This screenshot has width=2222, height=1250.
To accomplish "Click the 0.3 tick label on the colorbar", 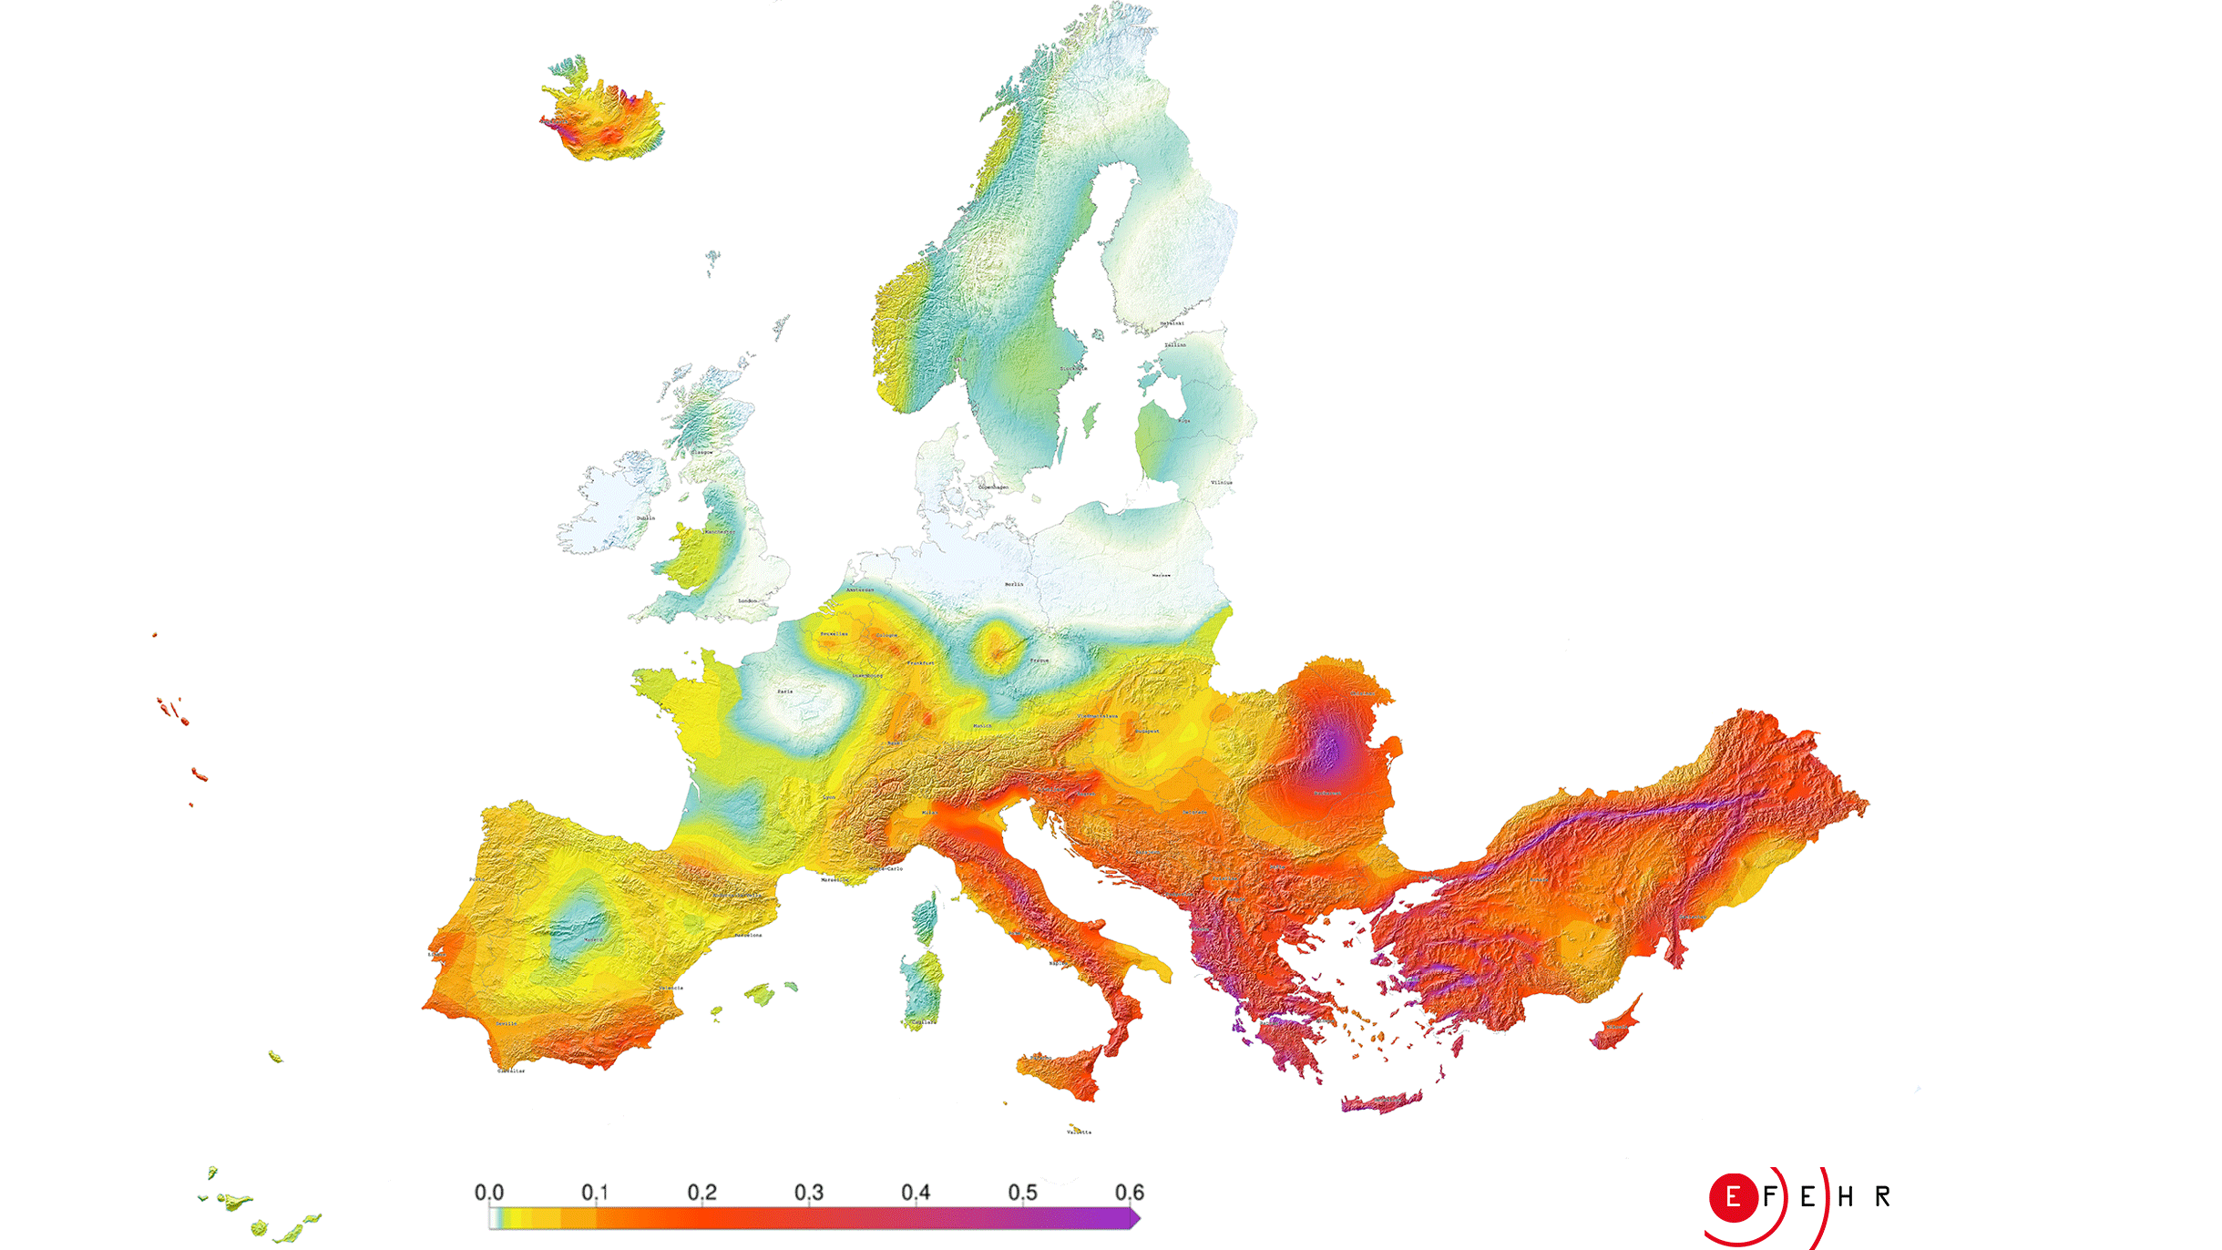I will click(x=808, y=1193).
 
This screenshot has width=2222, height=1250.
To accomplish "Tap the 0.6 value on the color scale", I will click(x=1129, y=1193).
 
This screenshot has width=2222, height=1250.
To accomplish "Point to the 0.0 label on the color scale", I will click(x=489, y=1193).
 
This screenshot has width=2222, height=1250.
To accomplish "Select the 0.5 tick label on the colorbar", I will click(x=1022, y=1193).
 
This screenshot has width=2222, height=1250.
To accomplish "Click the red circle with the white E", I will click(x=1733, y=1197).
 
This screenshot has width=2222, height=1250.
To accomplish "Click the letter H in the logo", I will click(x=1846, y=1197).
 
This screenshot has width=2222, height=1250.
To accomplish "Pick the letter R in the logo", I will click(x=1883, y=1197).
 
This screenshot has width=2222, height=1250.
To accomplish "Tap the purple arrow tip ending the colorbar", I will click(x=1135, y=1218).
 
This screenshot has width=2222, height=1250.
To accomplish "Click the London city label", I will click(x=747, y=601).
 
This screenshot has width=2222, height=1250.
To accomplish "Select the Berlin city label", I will click(x=1014, y=584).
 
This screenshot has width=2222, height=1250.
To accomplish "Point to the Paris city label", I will click(x=785, y=692).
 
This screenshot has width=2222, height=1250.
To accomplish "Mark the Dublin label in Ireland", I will click(x=646, y=518).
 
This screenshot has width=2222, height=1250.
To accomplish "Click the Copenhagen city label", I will click(x=993, y=487).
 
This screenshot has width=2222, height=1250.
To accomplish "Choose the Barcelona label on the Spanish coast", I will click(x=749, y=936).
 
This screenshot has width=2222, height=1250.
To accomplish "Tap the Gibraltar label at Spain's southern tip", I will click(x=511, y=1071).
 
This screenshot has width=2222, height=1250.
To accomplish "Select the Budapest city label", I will click(x=1147, y=732).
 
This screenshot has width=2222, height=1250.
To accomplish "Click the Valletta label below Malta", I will click(x=1079, y=1132).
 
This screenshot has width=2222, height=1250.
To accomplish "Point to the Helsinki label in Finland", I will click(x=1172, y=323).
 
